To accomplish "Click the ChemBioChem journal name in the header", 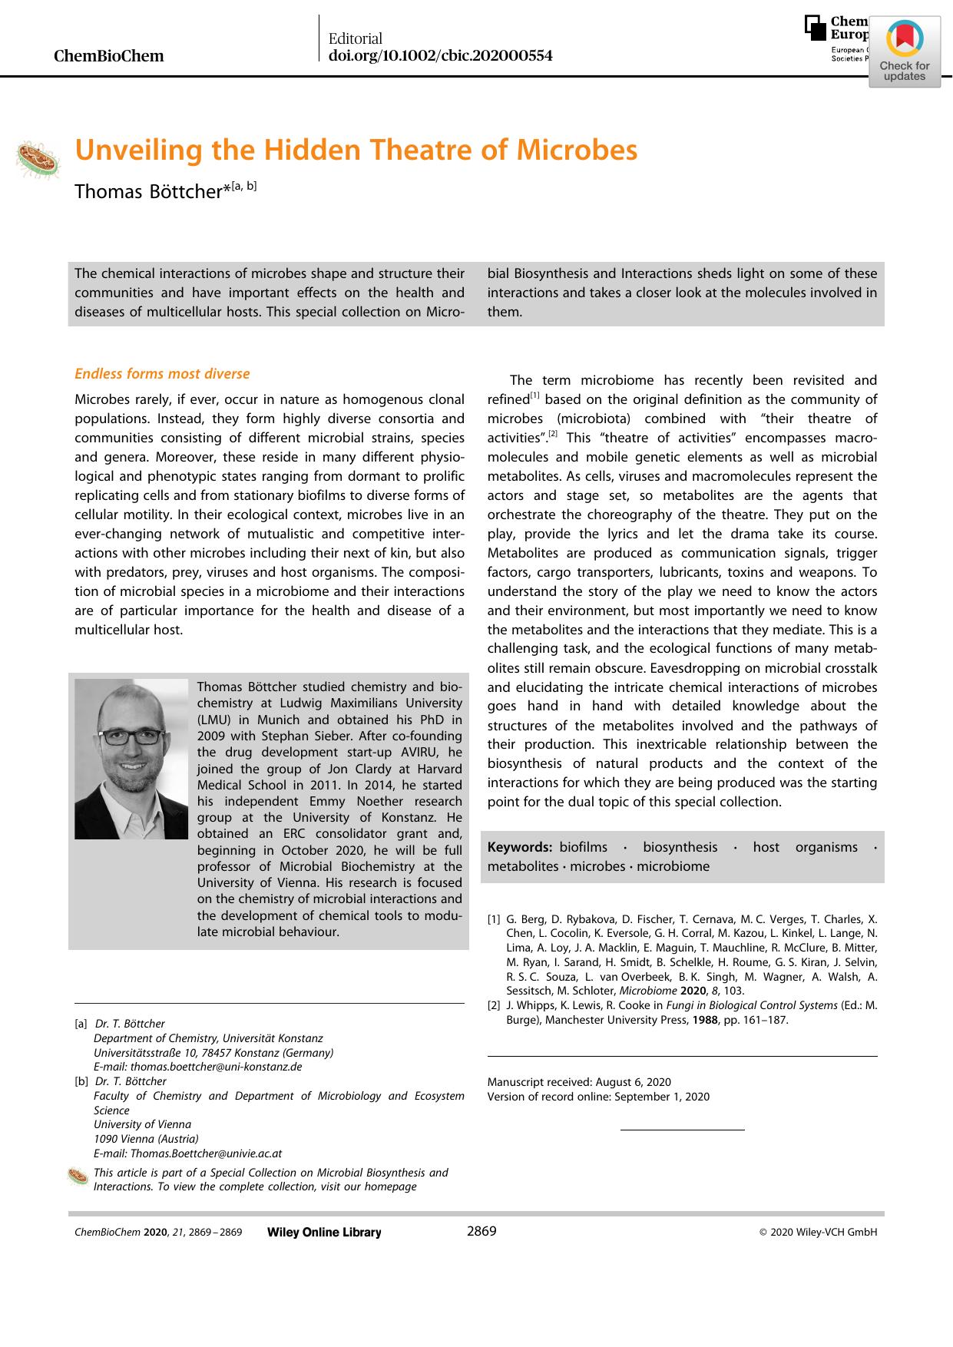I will tap(108, 56).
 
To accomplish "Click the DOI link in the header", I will tap(440, 56).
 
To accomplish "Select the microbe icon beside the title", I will tap(38, 159).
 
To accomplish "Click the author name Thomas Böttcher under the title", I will tap(148, 192).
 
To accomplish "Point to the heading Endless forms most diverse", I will tap(162, 374).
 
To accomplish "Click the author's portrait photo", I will tap(131, 759).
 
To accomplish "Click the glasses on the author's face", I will tap(131, 736).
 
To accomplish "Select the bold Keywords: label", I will tap(520, 847).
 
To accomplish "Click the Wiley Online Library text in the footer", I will tap(324, 1233).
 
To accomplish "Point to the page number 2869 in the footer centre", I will tap(481, 1231).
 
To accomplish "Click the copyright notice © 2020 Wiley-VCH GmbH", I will tap(818, 1233).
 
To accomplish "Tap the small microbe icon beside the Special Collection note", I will tap(78, 1176).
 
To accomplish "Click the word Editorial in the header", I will tap(355, 38).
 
